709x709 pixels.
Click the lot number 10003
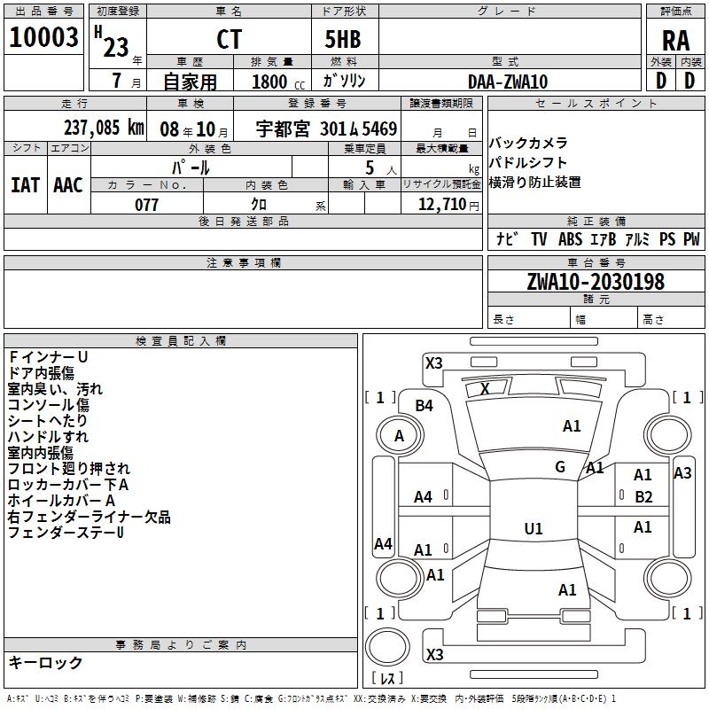(x=43, y=38)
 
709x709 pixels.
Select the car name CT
(x=229, y=40)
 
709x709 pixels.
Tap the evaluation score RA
(x=675, y=40)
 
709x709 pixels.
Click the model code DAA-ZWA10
(x=508, y=82)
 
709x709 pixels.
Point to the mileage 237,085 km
(x=104, y=128)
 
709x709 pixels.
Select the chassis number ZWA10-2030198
(x=596, y=282)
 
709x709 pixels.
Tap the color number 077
(x=147, y=205)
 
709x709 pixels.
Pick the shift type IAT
(x=25, y=185)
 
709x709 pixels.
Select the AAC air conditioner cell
(x=68, y=185)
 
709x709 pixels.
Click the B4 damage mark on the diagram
(x=425, y=406)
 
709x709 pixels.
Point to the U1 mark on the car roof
(x=534, y=529)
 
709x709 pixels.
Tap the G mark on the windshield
(x=560, y=467)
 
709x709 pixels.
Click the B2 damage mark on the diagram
(x=643, y=497)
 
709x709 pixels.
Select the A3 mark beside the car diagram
(x=682, y=473)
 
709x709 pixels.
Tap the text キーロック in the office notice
(x=46, y=662)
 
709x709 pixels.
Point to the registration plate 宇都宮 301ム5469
(x=327, y=128)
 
